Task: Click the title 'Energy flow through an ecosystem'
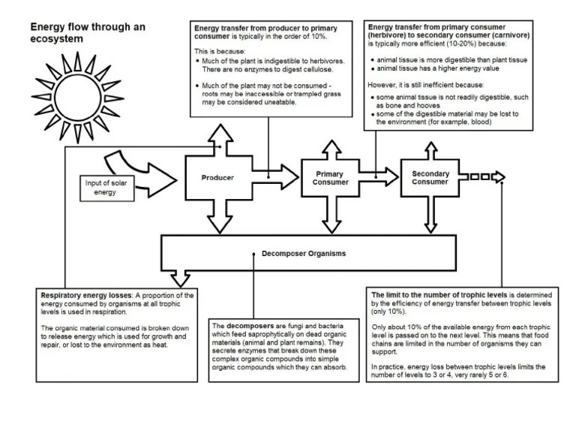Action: [x=88, y=32]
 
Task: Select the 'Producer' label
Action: [x=217, y=178]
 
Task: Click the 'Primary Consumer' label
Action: [x=330, y=178]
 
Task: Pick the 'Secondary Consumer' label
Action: [x=430, y=177]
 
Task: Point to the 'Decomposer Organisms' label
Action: [x=304, y=254]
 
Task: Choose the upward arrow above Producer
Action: [x=217, y=135]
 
